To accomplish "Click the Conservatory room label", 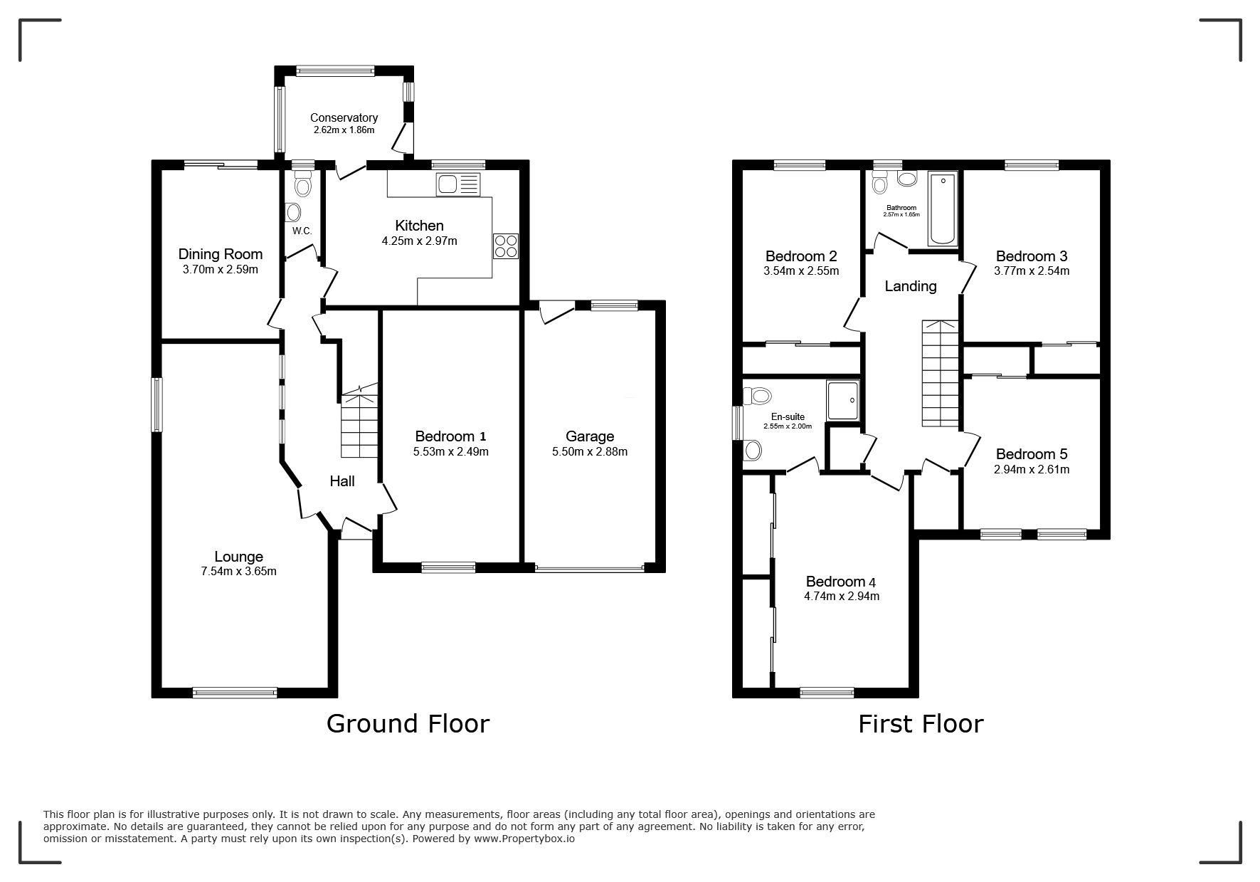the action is [x=344, y=117].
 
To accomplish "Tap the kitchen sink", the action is [x=459, y=184].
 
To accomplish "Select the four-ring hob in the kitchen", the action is [x=506, y=246].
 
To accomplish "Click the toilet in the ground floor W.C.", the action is [x=303, y=184].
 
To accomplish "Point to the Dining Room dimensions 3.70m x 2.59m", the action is [x=221, y=270].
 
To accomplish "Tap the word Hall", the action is [x=342, y=481].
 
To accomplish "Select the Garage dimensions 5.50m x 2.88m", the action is [x=590, y=451].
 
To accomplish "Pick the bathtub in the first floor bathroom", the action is [x=943, y=209].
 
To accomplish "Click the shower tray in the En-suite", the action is [x=843, y=399].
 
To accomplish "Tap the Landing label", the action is [x=911, y=286].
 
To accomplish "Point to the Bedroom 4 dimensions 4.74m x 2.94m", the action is [x=842, y=597].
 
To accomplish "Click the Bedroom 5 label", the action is [x=1032, y=454].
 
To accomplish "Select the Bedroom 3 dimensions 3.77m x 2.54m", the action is [x=1032, y=271].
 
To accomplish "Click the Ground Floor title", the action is [x=408, y=724].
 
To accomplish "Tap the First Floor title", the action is [x=921, y=724].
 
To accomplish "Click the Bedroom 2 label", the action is [x=801, y=256].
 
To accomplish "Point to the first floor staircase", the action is [x=941, y=374].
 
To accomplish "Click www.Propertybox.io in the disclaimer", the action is [x=524, y=839].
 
